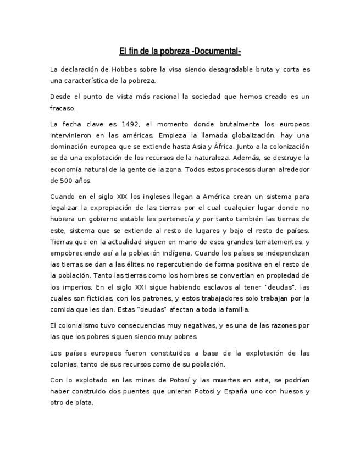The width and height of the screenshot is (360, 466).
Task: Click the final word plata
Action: (85, 402)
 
